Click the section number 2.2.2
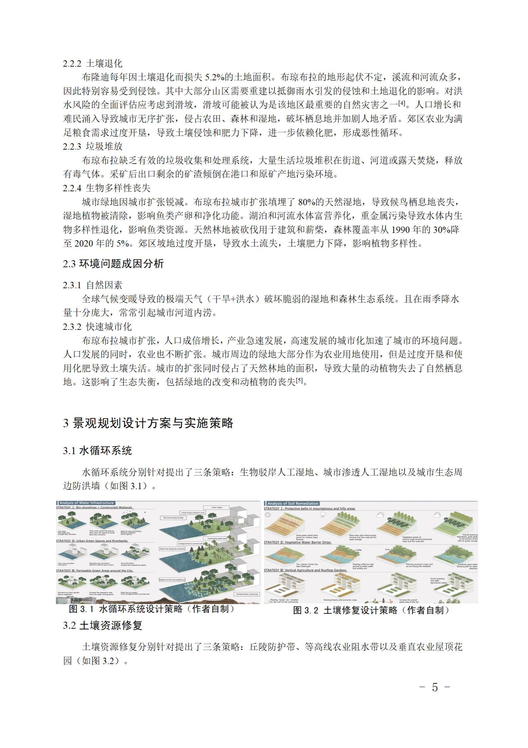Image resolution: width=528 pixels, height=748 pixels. coord(72,63)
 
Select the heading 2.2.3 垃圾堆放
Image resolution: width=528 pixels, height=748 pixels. coord(93,146)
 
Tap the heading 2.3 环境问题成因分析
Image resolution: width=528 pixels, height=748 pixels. coord(113,264)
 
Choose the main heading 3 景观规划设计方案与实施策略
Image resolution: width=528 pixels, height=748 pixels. coord(148,423)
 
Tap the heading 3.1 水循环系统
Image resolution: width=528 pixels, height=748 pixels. coord(97,451)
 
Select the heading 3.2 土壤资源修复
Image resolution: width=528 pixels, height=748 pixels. coord(103,625)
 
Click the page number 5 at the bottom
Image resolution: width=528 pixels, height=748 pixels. coord(435,687)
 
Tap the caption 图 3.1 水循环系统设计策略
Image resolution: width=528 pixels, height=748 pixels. coord(151,609)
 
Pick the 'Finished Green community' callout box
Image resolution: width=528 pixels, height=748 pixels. coord(247,594)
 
